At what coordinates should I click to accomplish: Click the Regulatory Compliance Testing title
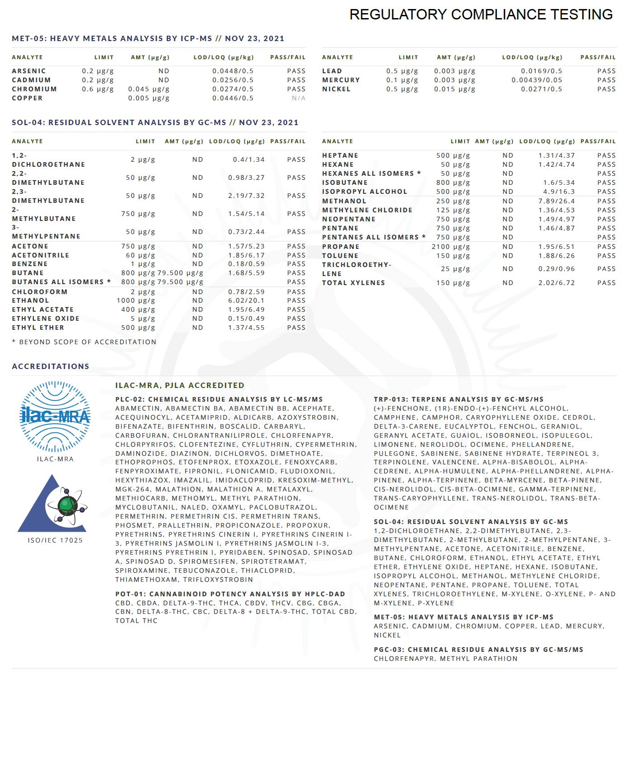(481, 14)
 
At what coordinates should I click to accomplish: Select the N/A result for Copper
(298, 98)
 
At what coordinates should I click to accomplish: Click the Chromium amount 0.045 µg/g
(149, 89)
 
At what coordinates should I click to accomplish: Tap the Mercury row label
(341, 80)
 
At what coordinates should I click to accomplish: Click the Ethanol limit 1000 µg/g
(136, 300)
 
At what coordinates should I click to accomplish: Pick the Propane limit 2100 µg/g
(450, 247)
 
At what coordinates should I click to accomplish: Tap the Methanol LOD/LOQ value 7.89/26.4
(556, 201)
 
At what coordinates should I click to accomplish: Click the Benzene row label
(30, 264)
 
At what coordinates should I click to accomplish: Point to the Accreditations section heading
(51, 366)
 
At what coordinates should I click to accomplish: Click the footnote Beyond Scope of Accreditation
(84, 342)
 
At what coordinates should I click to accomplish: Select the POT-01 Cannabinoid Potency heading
(230, 594)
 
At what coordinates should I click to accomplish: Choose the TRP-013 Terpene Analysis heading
(459, 399)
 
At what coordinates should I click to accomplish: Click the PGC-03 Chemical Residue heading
(478, 650)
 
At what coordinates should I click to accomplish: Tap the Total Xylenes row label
(353, 283)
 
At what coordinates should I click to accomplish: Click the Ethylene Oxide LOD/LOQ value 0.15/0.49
(246, 318)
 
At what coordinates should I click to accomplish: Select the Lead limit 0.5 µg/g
(402, 71)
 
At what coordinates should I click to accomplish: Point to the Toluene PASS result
(606, 256)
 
